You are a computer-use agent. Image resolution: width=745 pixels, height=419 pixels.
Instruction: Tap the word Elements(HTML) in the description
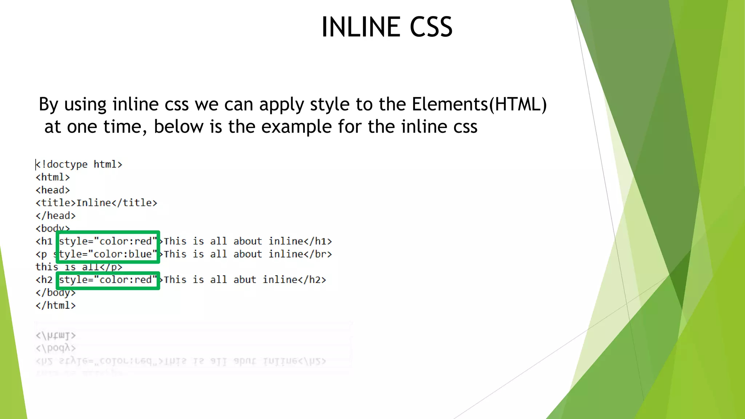[x=479, y=104]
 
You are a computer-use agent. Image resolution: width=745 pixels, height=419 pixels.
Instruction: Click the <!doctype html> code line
[x=79, y=164]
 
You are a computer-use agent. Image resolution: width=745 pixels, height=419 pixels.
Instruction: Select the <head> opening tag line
[x=53, y=190]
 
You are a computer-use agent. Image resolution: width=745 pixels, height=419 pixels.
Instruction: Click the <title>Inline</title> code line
[x=96, y=203]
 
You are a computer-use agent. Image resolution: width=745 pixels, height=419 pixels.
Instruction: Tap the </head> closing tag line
[x=56, y=216]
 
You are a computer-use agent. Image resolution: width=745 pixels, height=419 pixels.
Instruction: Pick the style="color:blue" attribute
[x=108, y=254]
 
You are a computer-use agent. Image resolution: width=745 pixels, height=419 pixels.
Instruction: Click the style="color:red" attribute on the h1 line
[x=108, y=241]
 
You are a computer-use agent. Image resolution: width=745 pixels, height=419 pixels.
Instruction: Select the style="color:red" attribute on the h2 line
[x=108, y=280]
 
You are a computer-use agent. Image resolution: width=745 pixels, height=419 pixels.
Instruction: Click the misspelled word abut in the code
[x=245, y=280]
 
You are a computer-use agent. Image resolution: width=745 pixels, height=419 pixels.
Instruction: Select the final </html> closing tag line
[x=56, y=306]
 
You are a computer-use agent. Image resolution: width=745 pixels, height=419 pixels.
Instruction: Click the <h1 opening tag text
[x=44, y=241]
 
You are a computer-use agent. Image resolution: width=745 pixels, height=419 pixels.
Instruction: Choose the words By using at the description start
[x=72, y=104]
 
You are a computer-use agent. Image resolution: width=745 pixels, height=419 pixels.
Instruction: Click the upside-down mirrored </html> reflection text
[x=56, y=335]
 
